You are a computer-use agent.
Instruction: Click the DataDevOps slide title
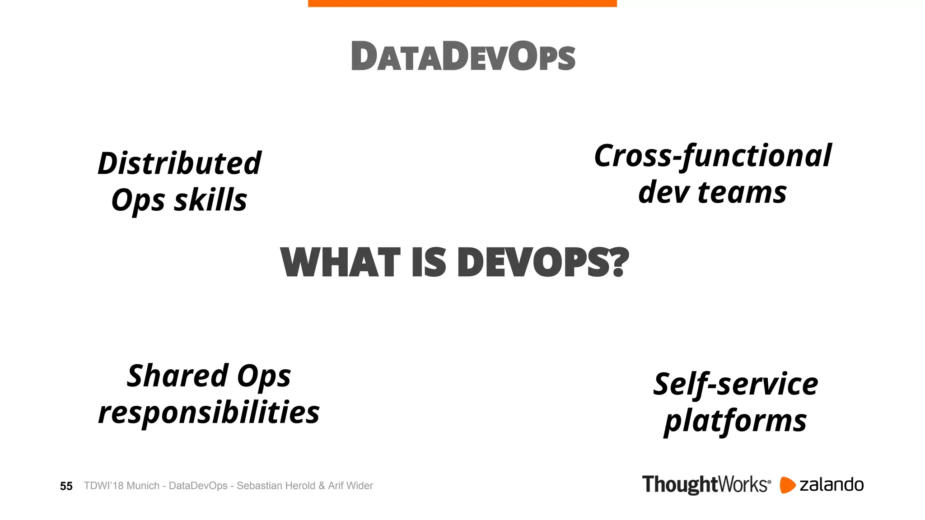click(x=463, y=56)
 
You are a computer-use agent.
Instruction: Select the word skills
click(x=210, y=200)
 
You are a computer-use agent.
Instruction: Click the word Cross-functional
click(x=713, y=156)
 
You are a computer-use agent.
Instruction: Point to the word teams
click(x=742, y=192)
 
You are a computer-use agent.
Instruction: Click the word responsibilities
click(x=209, y=412)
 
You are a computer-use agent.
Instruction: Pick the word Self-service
click(x=735, y=384)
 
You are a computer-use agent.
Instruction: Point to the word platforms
click(x=735, y=421)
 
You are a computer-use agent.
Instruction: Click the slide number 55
click(x=66, y=486)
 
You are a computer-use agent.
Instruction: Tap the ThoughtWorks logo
click(x=706, y=485)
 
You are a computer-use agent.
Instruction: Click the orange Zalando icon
click(x=787, y=485)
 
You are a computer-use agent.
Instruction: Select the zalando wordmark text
click(x=832, y=485)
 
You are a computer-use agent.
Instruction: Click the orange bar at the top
click(x=462, y=3)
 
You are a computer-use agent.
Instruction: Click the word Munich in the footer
click(x=143, y=486)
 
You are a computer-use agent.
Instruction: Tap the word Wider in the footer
click(x=360, y=486)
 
